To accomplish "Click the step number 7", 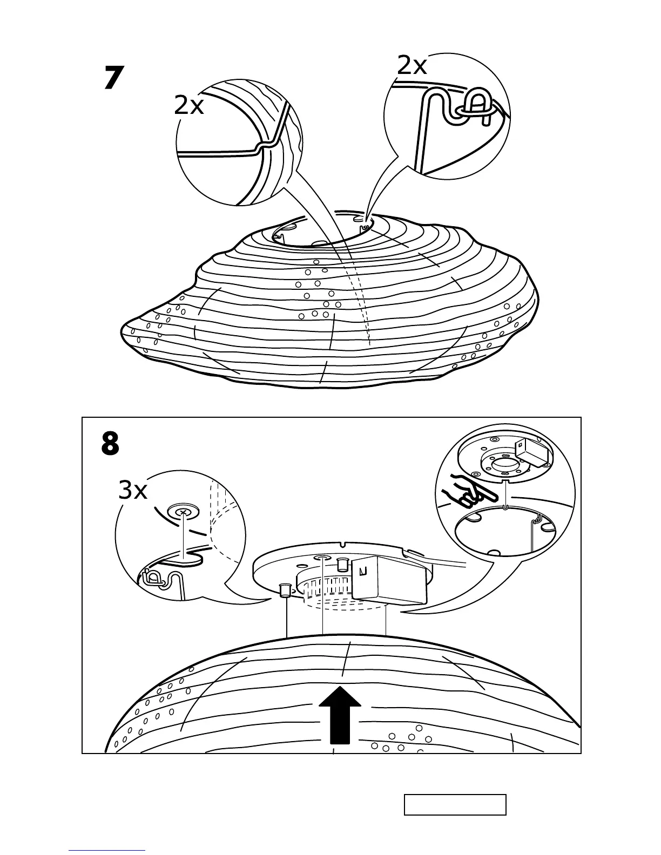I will click(x=113, y=78).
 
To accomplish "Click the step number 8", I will click(x=110, y=444).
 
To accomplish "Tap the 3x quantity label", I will click(x=133, y=491).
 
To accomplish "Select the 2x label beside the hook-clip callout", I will click(x=412, y=66).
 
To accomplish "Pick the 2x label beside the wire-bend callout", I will click(x=189, y=106).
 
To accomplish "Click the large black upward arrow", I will click(x=340, y=715).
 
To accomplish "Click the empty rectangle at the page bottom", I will click(x=455, y=804).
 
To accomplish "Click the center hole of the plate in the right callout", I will click(x=504, y=463).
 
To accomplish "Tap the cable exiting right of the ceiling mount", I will click(x=448, y=565).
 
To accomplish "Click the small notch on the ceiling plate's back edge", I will click(x=344, y=542).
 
